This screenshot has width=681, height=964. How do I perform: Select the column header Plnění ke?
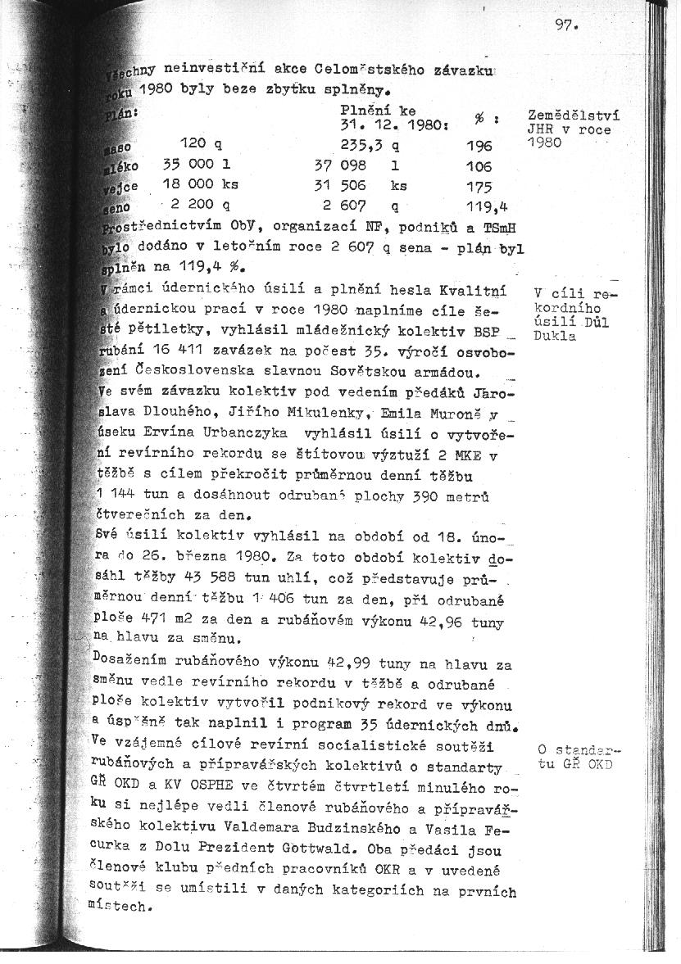[379, 111]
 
